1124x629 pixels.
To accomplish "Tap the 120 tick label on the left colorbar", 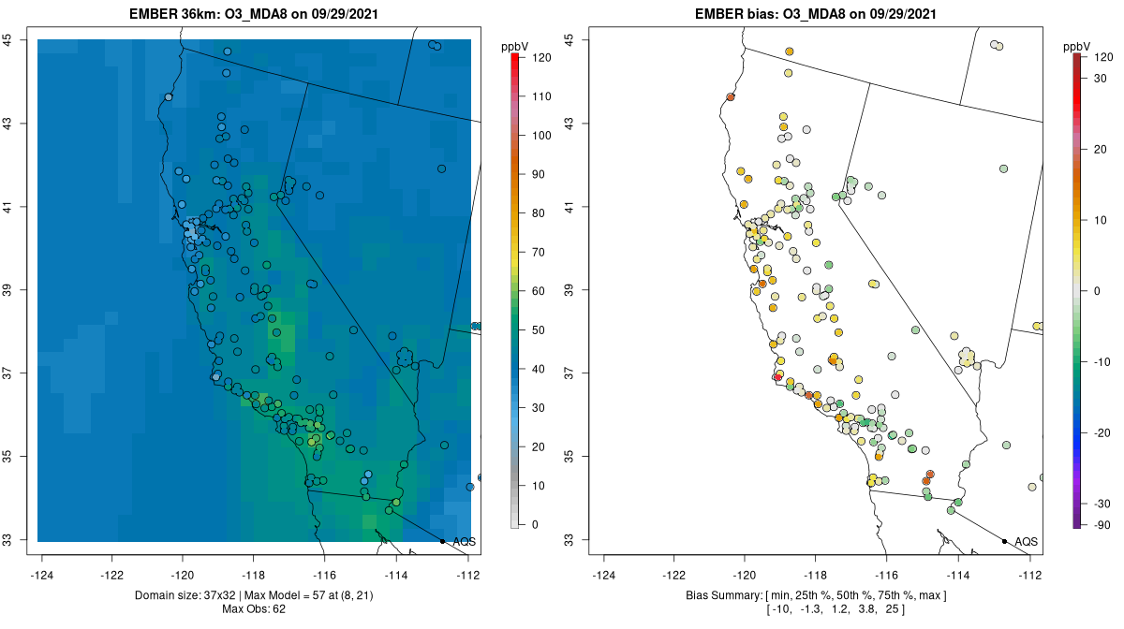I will (540, 57).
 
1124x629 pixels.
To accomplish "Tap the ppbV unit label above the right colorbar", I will (1076, 46).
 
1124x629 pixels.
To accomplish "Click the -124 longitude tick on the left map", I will (41, 574).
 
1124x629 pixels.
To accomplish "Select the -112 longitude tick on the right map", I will (1030, 574).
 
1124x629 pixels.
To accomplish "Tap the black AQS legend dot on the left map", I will (442, 541).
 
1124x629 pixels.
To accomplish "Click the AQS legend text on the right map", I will (1027, 541).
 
